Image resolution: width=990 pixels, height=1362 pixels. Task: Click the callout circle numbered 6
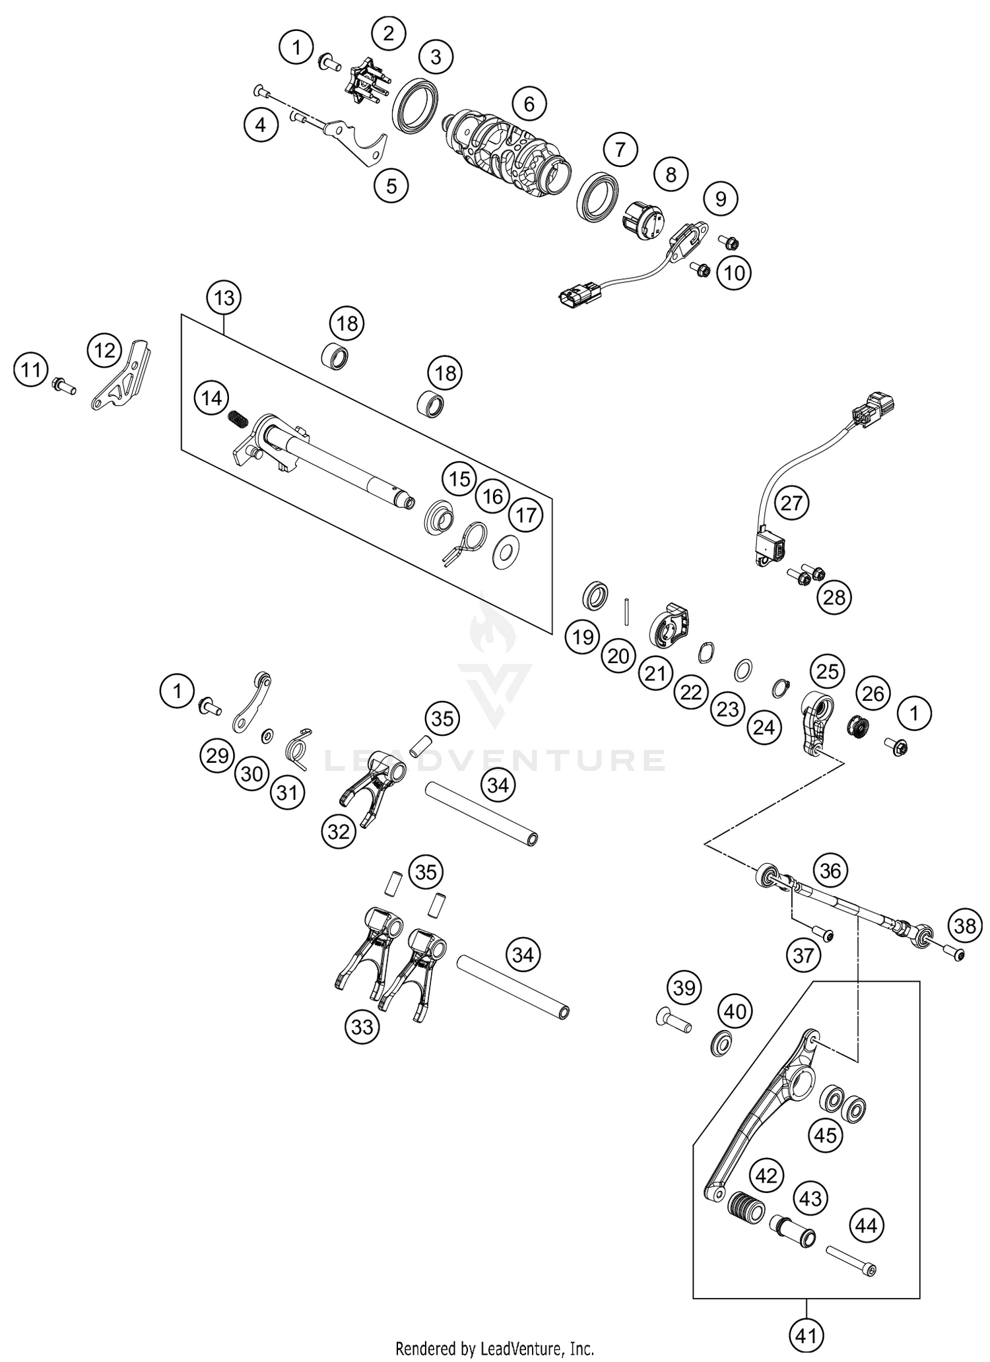529,104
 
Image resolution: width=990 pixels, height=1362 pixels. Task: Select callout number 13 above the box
224,298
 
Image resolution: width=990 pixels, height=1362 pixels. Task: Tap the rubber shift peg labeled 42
746,1207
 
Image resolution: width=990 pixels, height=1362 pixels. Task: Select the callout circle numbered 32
339,831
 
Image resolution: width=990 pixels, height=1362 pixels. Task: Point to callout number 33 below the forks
362,1027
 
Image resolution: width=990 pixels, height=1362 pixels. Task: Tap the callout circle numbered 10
734,273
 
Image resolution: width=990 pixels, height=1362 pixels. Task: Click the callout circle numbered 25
827,672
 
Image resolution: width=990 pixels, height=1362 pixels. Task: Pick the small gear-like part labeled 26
859,727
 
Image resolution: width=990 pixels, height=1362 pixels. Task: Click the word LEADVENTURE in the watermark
495,760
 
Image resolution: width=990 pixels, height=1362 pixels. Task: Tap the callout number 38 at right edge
965,926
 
